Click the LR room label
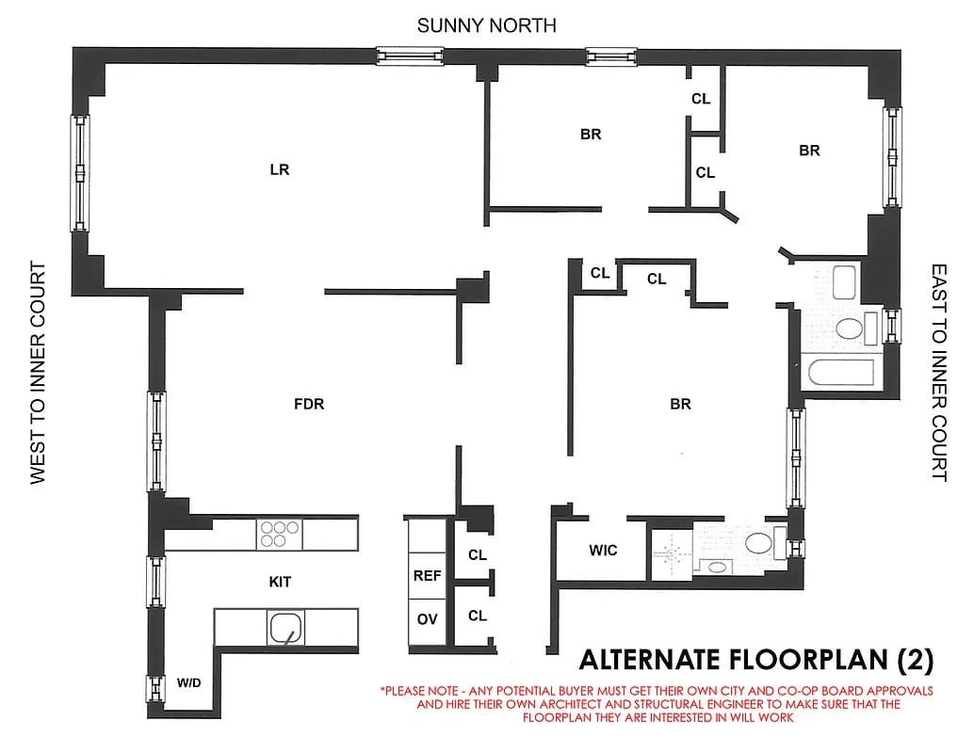pos(279,170)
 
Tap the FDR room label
pos(309,405)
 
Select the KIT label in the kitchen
pos(280,583)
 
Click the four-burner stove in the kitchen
pos(279,534)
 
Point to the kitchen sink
pos(285,626)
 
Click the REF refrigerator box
pos(427,575)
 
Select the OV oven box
pos(427,618)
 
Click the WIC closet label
pos(603,550)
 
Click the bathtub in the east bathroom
pos(843,373)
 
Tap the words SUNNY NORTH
pos(486,25)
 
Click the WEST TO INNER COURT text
pos(39,373)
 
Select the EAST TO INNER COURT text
pos(938,373)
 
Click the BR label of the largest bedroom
pos(680,405)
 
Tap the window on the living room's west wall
pos(80,173)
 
